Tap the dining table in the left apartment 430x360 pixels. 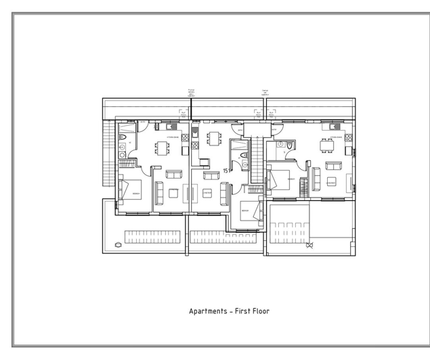click(x=163, y=147)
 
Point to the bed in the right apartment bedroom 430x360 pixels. click(x=280, y=181)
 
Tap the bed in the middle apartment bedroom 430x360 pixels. click(x=249, y=211)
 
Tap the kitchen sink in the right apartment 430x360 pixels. click(x=326, y=126)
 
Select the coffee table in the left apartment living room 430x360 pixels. click(x=173, y=193)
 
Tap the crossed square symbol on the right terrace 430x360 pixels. click(x=311, y=246)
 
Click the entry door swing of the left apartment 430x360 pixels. click(x=143, y=124)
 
